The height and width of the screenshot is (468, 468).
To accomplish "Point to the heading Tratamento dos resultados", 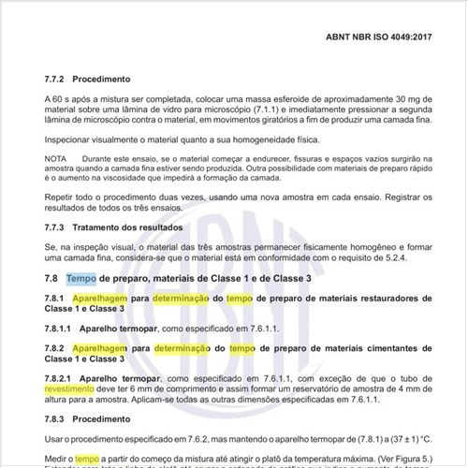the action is pos(131,227).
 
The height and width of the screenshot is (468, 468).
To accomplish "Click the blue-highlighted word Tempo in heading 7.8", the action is pos(81,279).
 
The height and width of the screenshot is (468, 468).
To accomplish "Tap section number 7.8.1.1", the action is pos(61,329).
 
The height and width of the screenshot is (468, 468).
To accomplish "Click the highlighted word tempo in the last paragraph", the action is pos(87,460).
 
